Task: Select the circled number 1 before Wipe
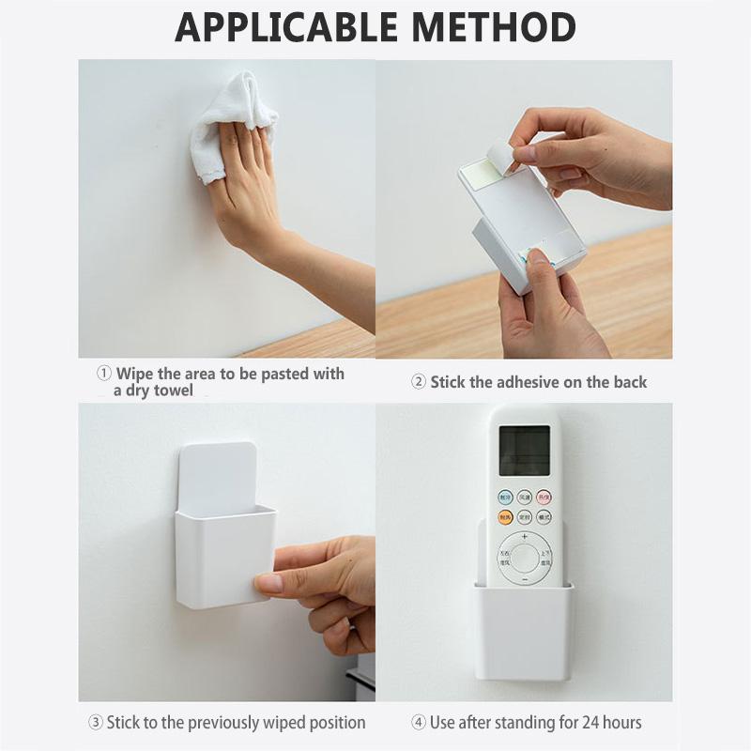tap(105, 374)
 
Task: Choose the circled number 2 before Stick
tap(419, 382)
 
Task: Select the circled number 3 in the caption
tap(95, 723)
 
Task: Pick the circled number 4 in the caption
tap(419, 723)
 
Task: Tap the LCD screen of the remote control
tap(524, 450)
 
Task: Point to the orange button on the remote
tap(505, 517)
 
